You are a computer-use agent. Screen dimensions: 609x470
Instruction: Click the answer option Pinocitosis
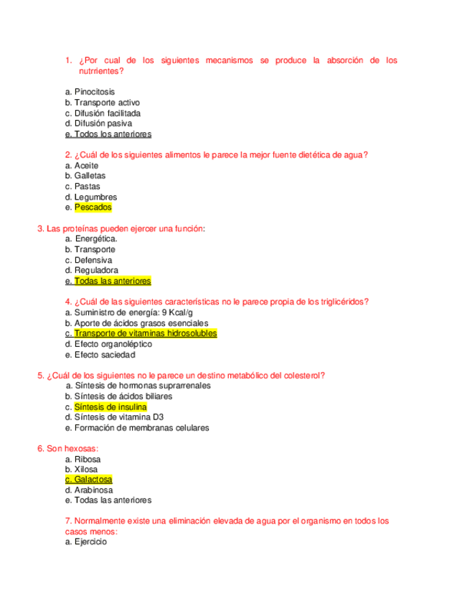click(x=94, y=92)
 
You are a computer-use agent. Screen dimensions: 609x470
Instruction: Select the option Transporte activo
click(x=107, y=103)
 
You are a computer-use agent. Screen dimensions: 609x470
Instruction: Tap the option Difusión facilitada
click(x=107, y=113)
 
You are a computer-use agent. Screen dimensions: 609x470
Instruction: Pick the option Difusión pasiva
click(x=103, y=124)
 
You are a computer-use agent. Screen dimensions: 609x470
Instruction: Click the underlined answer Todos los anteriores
click(x=113, y=134)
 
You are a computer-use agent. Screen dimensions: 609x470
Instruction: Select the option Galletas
click(x=90, y=176)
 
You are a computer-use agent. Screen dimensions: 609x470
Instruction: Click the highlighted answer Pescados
click(x=93, y=208)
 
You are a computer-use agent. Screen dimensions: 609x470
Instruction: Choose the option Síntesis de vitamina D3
click(x=119, y=417)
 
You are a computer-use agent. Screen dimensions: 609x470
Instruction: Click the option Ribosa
click(x=88, y=459)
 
